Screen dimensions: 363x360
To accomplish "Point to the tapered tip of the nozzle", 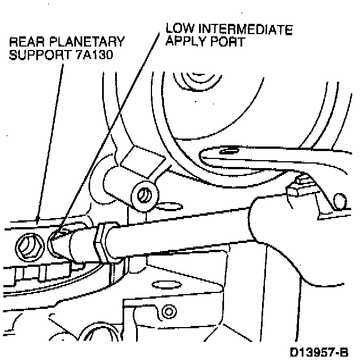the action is coord(57,241).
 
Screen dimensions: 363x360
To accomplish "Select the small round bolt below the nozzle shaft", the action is coord(167,312).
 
